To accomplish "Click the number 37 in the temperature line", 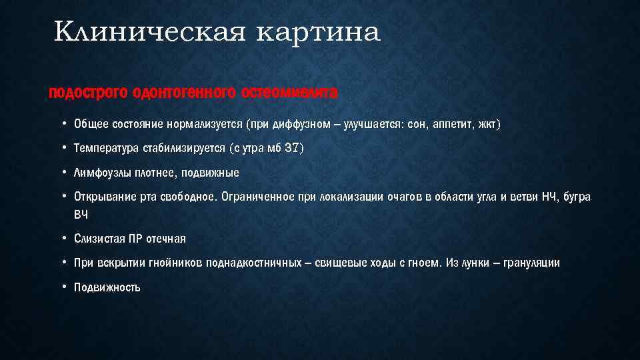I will click(x=292, y=148).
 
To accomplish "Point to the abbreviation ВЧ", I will click(x=81, y=215).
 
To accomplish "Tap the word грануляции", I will click(x=531, y=263).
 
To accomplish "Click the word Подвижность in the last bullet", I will click(x=107, y=287).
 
